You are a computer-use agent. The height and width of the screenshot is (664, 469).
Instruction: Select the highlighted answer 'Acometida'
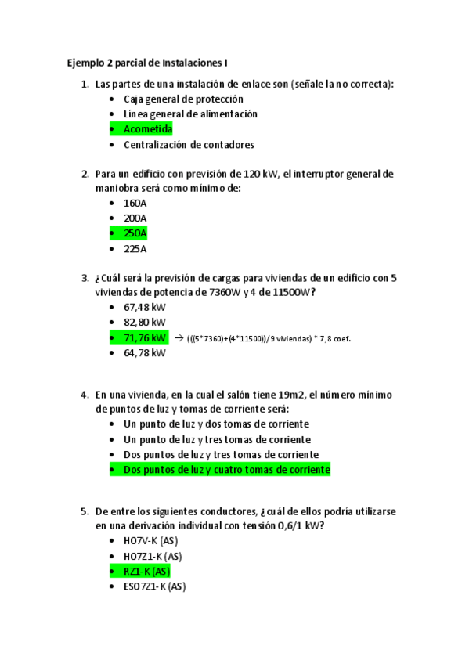(148, 129)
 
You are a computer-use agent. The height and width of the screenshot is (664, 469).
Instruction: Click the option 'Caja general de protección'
(183, 99)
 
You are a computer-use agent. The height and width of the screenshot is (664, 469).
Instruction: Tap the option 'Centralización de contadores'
(189, 144)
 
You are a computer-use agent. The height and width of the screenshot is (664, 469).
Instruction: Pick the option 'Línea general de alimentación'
(190, 114)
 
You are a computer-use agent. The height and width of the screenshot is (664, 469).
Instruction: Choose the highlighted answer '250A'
(135, 233)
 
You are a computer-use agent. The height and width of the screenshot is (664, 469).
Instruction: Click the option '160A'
(135, 203)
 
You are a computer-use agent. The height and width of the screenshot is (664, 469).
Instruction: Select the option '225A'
(135, 249)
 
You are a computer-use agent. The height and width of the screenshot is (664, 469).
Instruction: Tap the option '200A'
(135, 218)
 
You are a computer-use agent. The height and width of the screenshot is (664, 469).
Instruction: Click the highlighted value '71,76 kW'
(145, 337)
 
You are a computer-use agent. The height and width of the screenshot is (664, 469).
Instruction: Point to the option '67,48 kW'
(145, 307)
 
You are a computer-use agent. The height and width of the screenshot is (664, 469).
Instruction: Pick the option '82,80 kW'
(145, 322)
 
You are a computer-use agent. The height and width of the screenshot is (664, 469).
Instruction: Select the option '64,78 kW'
(145, 353)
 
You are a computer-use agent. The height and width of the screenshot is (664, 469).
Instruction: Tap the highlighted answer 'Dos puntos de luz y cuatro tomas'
(227, 470)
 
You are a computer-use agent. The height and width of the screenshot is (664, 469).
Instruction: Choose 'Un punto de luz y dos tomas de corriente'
(216, 424)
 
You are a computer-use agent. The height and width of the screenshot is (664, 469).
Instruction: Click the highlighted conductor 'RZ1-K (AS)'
(147, 571)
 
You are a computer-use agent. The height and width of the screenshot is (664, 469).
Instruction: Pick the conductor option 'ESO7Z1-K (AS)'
(155, 586)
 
